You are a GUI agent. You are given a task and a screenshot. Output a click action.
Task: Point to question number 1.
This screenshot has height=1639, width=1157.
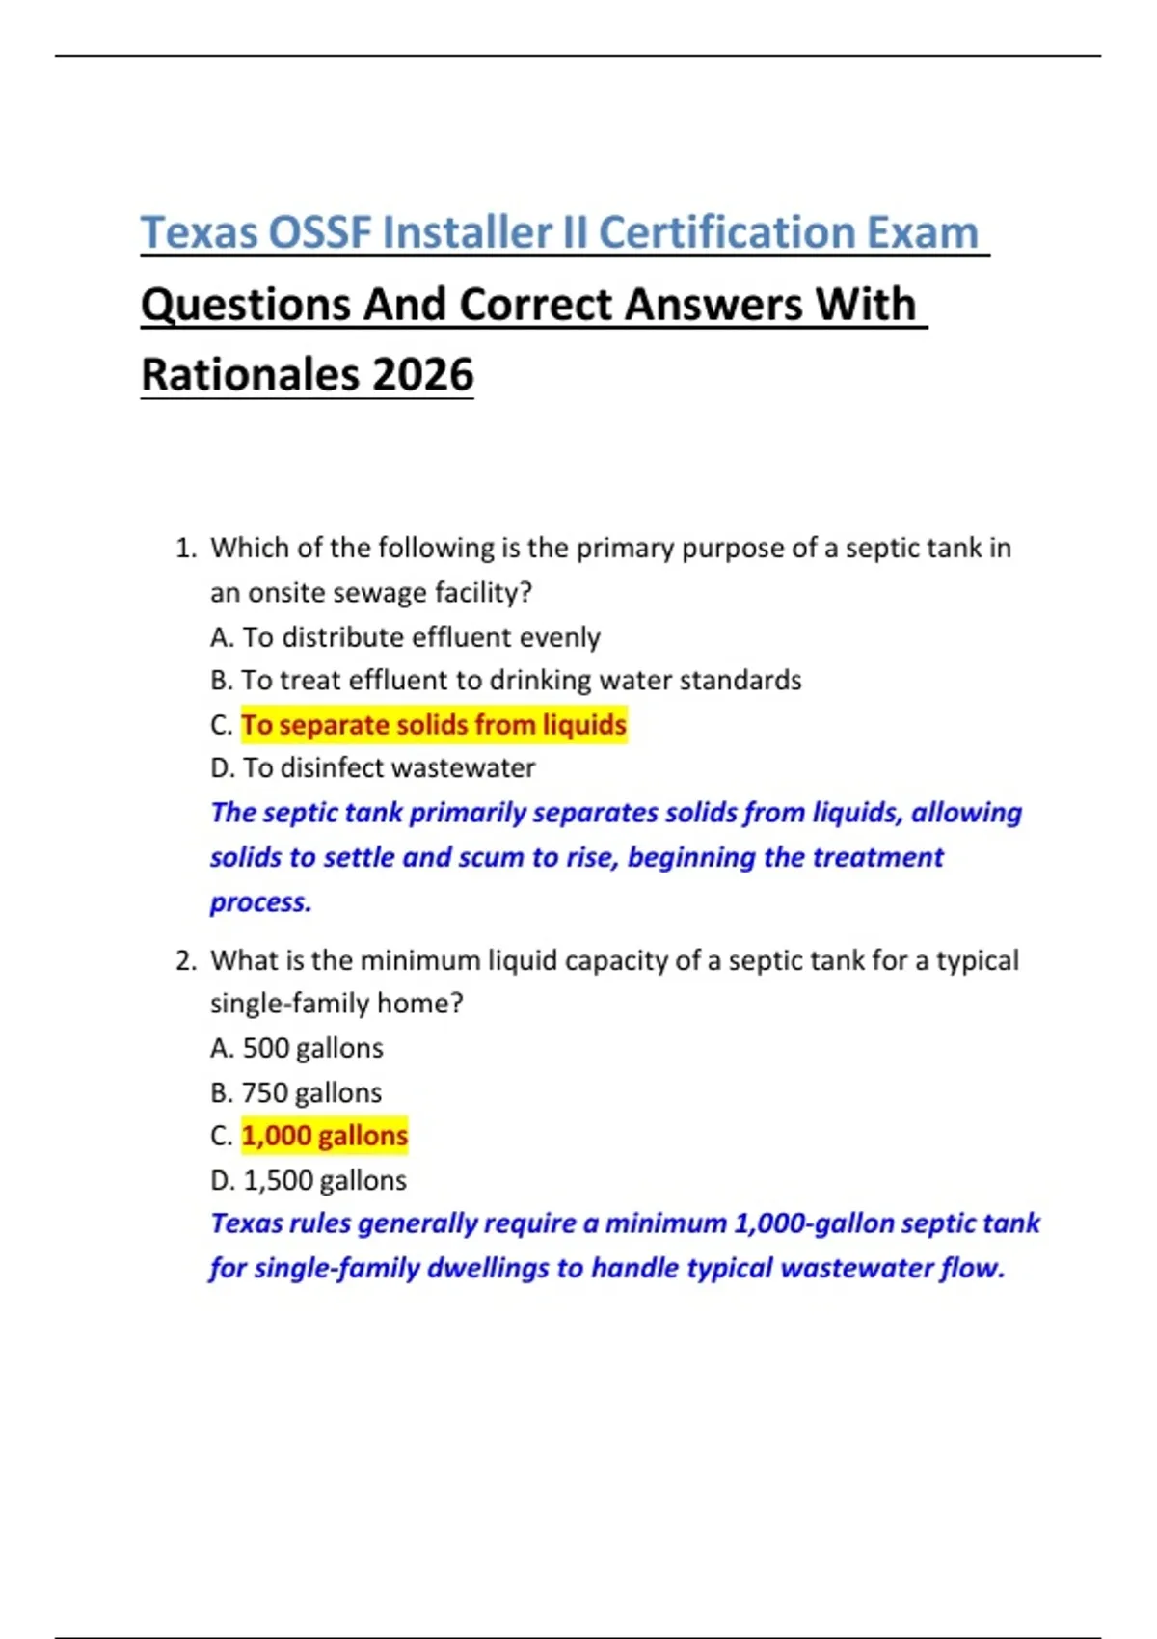coord(185,548)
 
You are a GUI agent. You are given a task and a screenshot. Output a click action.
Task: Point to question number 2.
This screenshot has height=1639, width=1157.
coord(185,960)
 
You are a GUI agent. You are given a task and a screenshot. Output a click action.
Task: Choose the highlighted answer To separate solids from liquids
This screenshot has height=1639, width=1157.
coord(434,724)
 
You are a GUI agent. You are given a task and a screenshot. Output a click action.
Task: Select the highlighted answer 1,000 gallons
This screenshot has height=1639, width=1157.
coord(325,1136)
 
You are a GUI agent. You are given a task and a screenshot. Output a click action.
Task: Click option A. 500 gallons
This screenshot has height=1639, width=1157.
coord(297,1048)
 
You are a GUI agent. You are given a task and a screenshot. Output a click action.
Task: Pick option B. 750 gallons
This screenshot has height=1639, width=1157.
coord(296,1092)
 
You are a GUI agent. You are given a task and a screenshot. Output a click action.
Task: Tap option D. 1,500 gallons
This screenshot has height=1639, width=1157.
coord(309,1180)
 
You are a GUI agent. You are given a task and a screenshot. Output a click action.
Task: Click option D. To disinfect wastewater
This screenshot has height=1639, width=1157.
coord(372,767)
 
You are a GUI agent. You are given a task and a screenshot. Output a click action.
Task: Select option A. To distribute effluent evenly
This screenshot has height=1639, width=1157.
coord(405,637)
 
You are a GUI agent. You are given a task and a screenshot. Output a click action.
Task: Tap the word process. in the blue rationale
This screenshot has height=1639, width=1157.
coord(261,902)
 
